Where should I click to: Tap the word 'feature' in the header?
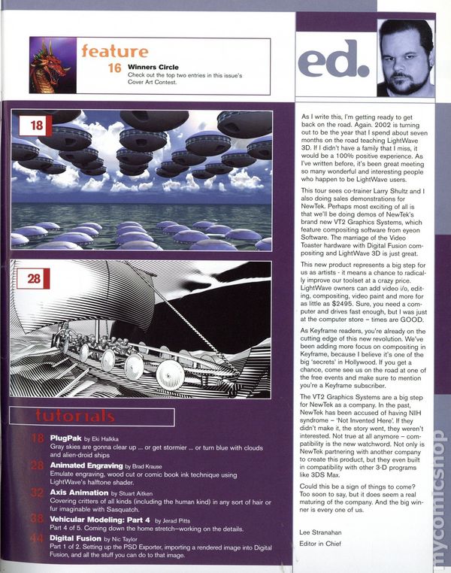tap(114, 51)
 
